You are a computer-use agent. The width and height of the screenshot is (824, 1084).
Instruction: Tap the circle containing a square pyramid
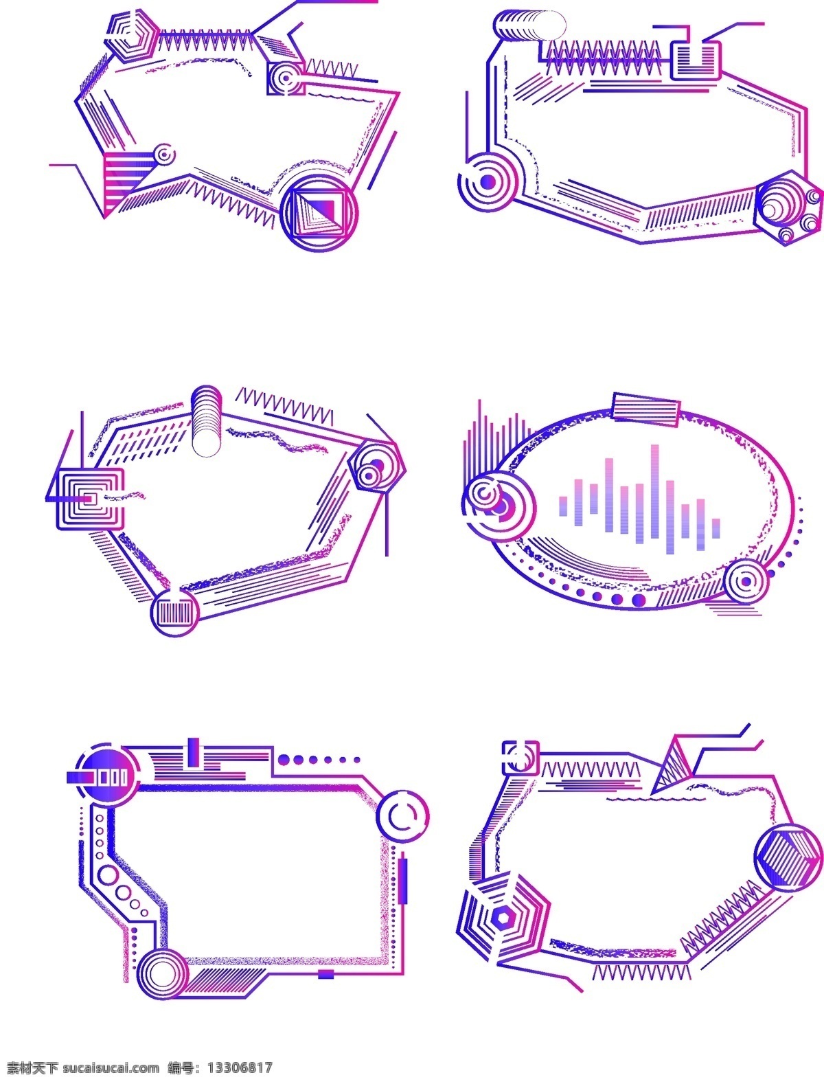[x=319, y=212]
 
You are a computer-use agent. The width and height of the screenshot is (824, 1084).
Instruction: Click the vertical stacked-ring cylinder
[x=206, y=421]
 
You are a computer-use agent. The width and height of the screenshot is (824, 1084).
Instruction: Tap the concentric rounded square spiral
[x=90, y=499]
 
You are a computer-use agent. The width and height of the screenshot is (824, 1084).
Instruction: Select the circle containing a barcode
[x=174, y=612]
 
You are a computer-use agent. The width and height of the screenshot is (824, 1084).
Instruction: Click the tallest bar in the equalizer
[x=655, y=491]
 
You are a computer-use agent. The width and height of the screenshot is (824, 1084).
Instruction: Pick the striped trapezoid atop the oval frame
[x=646, y=409]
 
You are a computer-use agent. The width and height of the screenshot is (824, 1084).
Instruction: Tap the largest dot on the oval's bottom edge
[x=639, y=600]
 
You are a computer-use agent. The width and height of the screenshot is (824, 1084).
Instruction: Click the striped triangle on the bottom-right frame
[x=672, y=772]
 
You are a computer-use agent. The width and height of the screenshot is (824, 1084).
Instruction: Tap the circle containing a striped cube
[x=788, y=857]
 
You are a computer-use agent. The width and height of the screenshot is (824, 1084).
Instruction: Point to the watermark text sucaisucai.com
[x=111, y=1068]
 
